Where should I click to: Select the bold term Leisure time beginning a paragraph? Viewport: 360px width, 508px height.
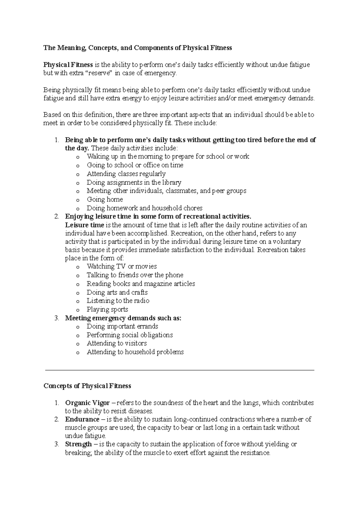click(x=85, y=225)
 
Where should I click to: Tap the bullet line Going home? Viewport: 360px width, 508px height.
click(x=105, y=199)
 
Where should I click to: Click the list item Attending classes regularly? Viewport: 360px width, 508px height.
click(x=126, y=174)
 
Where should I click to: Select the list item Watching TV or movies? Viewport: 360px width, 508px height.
click(x=121, y=266)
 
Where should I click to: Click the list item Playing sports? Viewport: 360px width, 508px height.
click(x=107, y=309)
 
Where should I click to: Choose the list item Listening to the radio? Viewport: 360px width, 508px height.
click(x=118, y=300)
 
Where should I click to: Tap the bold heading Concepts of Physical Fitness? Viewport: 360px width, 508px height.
click(x=87, y=386)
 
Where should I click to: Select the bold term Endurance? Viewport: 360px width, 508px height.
click(x=82, y=419)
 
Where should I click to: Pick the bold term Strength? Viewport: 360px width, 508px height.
click(x=78, y=444)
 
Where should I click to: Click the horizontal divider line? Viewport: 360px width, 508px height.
click(x=179, y=370)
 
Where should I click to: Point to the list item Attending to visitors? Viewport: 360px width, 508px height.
click(x=117, y=343)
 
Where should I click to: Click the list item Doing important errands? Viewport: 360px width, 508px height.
click(x=122, y=326)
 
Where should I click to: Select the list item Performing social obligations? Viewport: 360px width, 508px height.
click(x=130, y=335)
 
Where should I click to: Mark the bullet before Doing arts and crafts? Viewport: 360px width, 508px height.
click(x=78, y=293)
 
